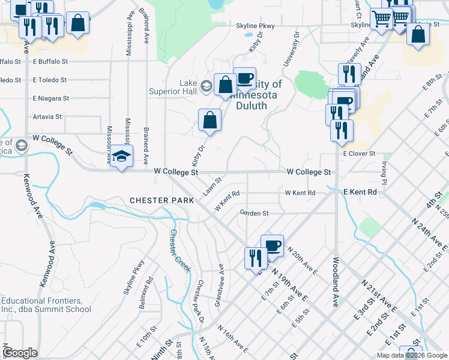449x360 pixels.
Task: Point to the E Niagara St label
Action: pos(51,98)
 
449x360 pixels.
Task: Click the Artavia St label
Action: pos(47,116)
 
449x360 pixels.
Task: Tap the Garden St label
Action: pos(254,212)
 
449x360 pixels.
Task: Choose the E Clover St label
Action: pos(359,154)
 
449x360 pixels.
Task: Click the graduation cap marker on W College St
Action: pos(122,157)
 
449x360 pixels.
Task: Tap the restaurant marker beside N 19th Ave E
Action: pos(256,258)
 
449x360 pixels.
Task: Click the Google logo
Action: pos(20,353)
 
